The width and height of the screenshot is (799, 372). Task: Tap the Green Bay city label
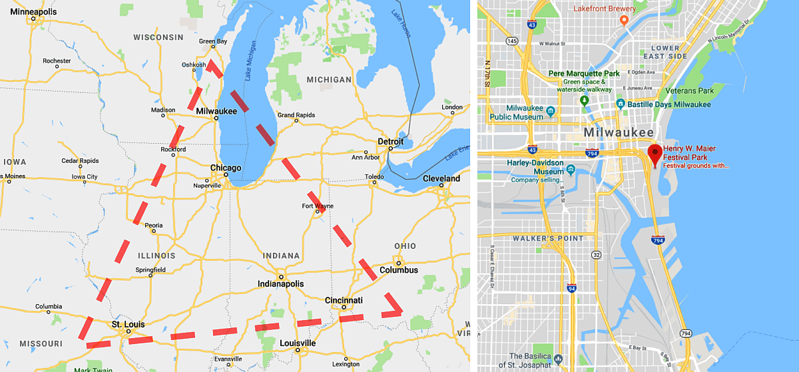(213, 41)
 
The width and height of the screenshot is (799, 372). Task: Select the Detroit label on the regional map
(391, 142)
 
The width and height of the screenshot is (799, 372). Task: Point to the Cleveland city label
(441, 178)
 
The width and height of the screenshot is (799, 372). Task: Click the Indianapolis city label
(281, 283)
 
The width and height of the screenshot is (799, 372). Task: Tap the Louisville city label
(298, 343)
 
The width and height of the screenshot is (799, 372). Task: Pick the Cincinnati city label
(344, 300)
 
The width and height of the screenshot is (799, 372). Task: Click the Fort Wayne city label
(318, 206)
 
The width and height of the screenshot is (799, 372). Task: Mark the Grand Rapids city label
(296, 115)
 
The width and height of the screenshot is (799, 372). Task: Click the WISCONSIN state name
(158, 37)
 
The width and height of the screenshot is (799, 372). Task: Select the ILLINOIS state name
(156, 256)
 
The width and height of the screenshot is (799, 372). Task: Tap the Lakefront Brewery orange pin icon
(624, 20)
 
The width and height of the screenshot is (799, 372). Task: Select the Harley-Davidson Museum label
(536, 164)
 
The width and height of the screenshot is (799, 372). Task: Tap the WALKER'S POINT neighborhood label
(548, 238)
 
